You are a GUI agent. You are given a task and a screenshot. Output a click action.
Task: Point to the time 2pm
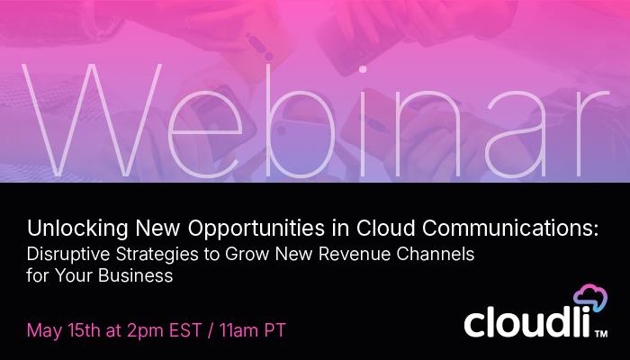point(139,329)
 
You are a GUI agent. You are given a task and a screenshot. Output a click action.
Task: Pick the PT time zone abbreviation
point(274,329)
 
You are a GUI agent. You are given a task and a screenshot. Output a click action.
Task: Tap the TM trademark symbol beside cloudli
point(599,335)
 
